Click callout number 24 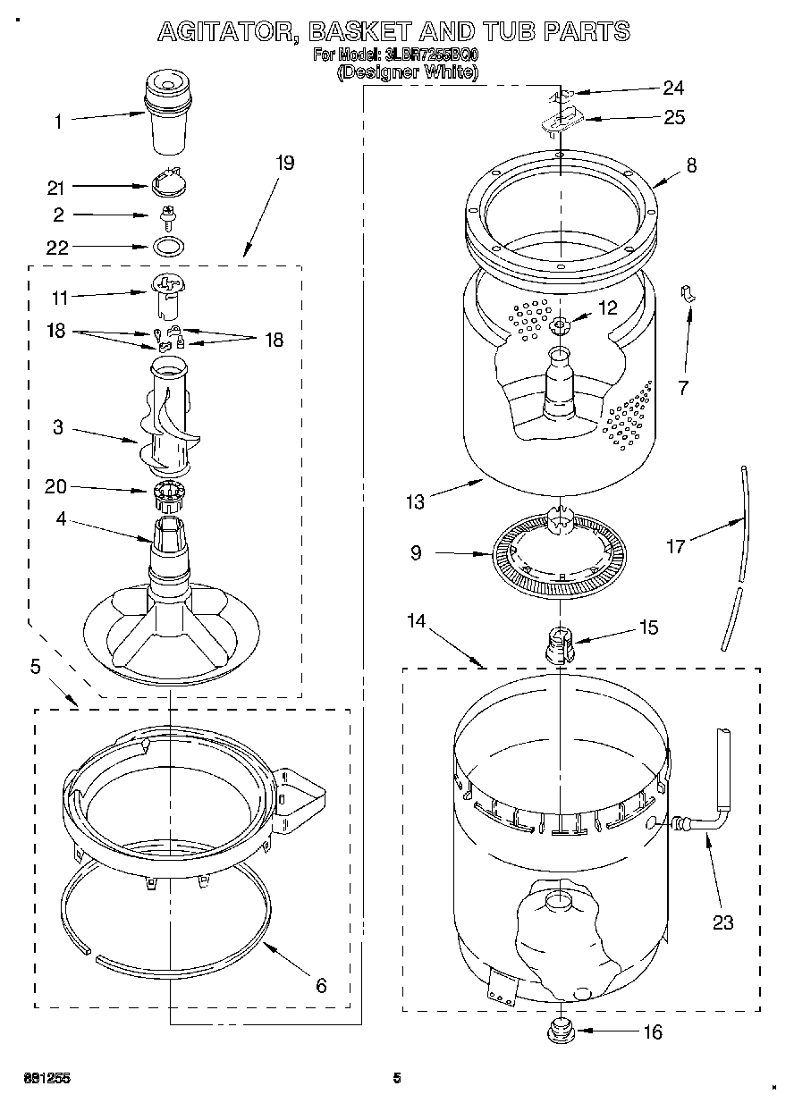672,88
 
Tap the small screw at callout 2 165,215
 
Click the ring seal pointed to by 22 166,246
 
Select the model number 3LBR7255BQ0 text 431,55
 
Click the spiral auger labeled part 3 168,420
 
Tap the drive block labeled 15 558,644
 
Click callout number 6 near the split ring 320,986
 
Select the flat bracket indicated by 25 562,119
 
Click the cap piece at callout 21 166,183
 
